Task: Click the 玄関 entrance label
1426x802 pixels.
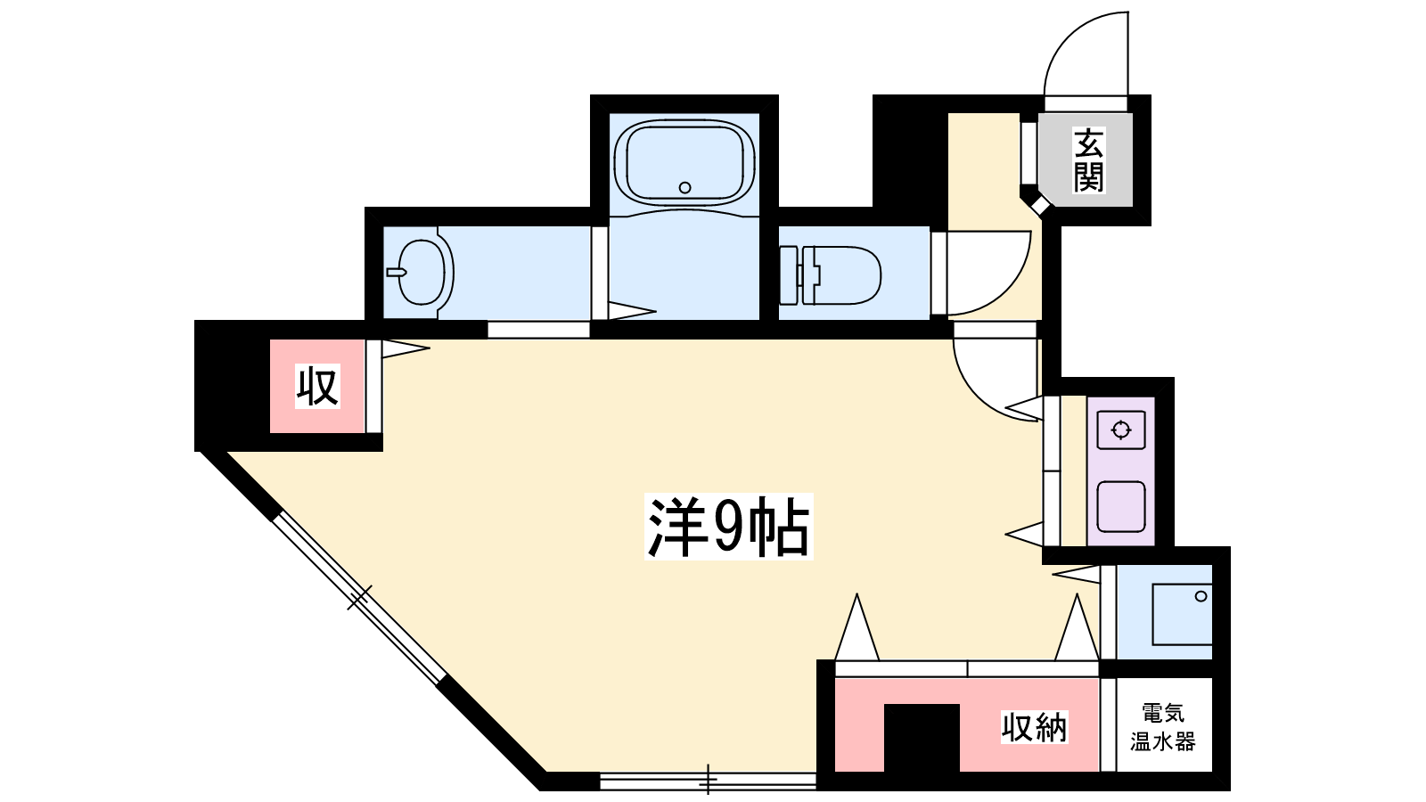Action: pyautogui.click(x=1088, y=160)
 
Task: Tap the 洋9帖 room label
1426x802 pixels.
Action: pyautogui.click(x=729, y=527)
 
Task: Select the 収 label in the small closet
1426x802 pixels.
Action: pyautogui.click(x=317, y=386)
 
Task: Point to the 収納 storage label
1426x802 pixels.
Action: pyautogui.click(x=1035, y=727)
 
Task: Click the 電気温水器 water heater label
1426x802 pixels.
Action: pyautogui.click(x=1163, y=727)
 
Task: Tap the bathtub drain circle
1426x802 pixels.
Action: pyautogui.click(x=685, y=188)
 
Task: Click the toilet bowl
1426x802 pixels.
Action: pyautogui.click(x=840, y=275)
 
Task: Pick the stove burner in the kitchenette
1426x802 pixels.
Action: pyautogui.click(x=1121, y=431)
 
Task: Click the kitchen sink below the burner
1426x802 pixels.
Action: pyautogui.click(x=1121, y=507)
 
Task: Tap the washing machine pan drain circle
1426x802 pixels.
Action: pyautogui.click(x=1201, y=596)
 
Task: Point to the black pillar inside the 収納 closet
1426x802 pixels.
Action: pyautogui.click(x=922, y=738)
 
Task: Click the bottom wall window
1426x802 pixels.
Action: pyautogui.click(x=709, y=781)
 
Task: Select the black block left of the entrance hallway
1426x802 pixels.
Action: pyautogui.click(x=910, y=160)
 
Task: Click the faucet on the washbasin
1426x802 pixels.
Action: pyautogui.click(x=396, y=273)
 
